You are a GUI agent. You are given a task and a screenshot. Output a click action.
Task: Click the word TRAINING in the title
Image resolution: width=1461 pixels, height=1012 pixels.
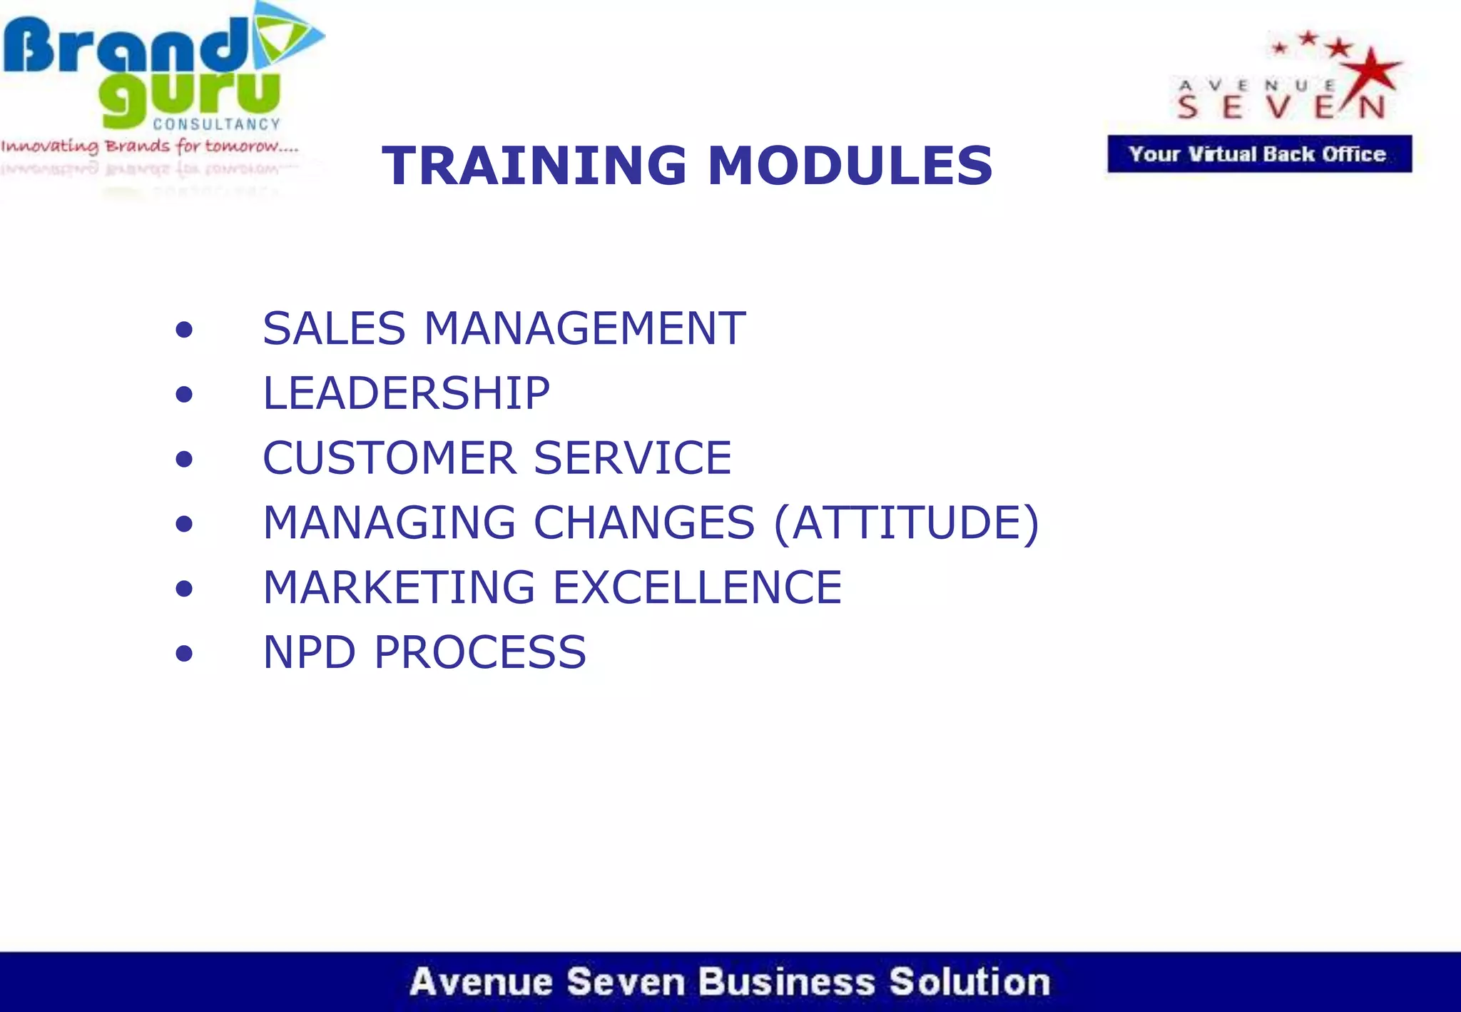click(534, 166)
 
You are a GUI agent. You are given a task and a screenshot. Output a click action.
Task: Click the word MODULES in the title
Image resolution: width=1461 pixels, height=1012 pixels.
click(850, 166)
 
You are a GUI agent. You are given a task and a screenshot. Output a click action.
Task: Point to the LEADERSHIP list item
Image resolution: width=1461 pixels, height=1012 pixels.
click(406, 393)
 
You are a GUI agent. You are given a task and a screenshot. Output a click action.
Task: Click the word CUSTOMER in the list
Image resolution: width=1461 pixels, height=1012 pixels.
click(389, 457)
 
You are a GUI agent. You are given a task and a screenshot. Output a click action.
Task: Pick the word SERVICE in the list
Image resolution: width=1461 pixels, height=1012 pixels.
click(633, 457)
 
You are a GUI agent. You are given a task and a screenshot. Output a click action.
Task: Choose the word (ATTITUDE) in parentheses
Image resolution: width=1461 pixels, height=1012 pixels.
click(906, 523)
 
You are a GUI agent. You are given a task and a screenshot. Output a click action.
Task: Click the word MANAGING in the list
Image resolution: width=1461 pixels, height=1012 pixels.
click(389, 522)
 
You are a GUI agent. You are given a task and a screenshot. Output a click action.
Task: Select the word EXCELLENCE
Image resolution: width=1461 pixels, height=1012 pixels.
click(697, 587)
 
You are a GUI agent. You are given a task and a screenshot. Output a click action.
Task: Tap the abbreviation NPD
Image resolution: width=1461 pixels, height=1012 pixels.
click(309, 652)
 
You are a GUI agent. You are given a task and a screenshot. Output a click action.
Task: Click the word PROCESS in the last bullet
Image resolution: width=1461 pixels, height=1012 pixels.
click(479, 652)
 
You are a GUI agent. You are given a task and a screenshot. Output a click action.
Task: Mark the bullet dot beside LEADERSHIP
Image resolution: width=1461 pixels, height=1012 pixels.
click(184, 395)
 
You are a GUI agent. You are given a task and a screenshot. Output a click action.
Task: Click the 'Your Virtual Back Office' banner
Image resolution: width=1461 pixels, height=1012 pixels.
click(1259, 154)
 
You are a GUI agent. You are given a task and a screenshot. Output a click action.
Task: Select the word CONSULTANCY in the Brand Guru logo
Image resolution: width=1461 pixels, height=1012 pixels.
click(217, 124)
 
